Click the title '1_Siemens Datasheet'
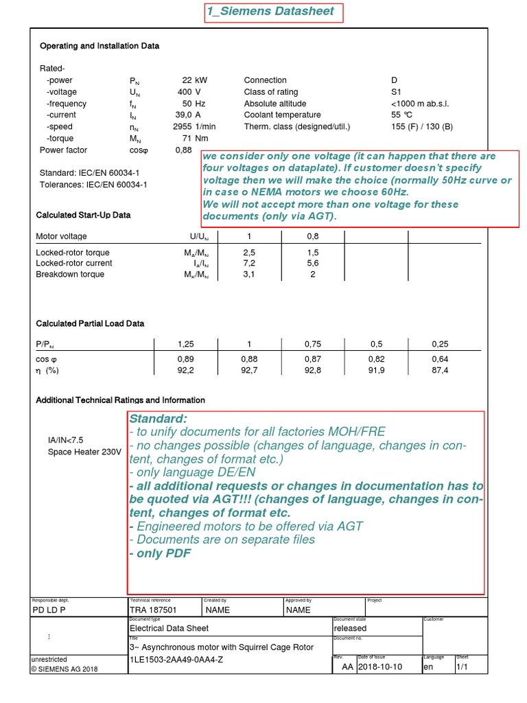pyautogui.click(x=270, y=11)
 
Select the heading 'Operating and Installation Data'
pyautogui.click(x=99, y=46)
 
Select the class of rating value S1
pyautogui.click(x=396, y=92)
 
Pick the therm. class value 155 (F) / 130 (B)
pyautogui.click(x=421, y=127)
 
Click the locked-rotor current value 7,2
pyautogui.click(x=249, y=264)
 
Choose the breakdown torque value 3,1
pyautogui.click(x=249, y=275)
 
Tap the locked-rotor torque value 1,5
pyautogui.click(x=312, y=253)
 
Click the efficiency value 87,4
pyautogui.click(x=439, y=371)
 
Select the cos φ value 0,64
pyautogui.click(x=439, y=359)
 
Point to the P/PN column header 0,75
pyautogui.click(x=312, y=344)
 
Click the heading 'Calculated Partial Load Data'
pyautogui.click(x=90, y=323)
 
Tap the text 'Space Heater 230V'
pyautogui.click(x=84, y=452)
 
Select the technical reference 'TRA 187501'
pyautogui.click(x=153, y=610)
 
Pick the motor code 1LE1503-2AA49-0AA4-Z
pyautogui.click(x=176, y=660)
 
